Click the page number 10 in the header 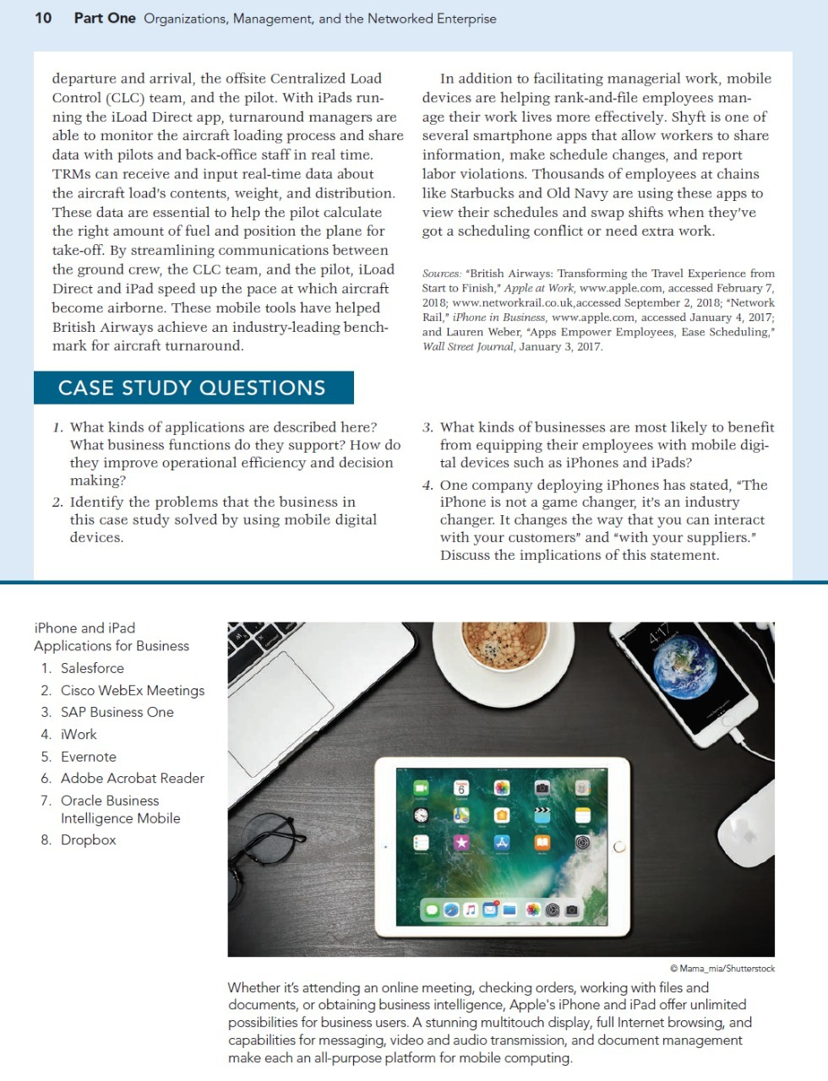pos(43,18)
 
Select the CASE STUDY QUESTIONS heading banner pos(193,388)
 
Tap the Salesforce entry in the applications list pos(92,668)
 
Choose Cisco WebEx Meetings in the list pos(133,690)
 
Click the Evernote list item pos(89,757)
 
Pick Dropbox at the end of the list pos(89,839)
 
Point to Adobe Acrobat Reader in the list pos(133,778)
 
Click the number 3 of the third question pos(428,427)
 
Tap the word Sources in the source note pos(441,274)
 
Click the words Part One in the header pos(105,18)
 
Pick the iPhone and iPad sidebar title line pos(84,627)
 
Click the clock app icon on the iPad pos(421,816)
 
